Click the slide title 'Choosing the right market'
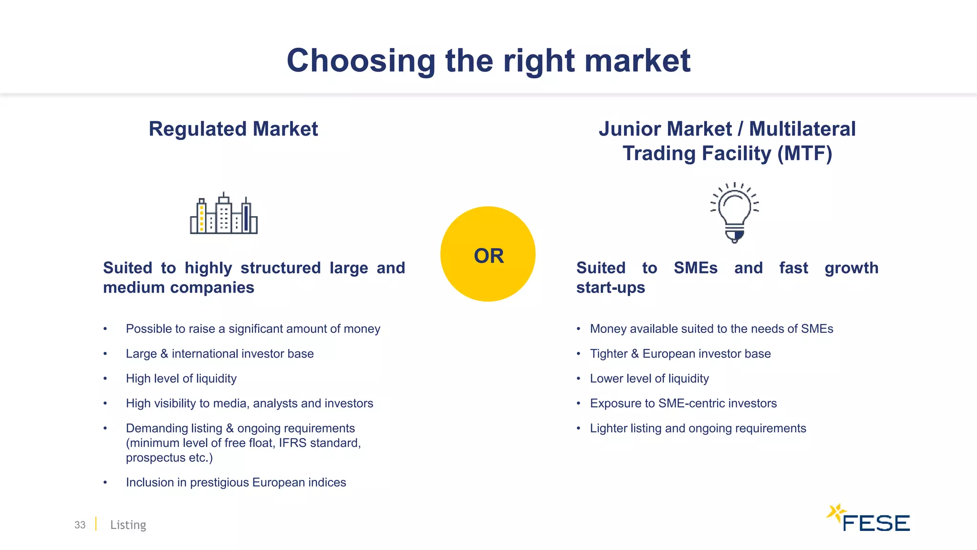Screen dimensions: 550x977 (488, 61)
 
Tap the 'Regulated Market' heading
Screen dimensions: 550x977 (233, 129)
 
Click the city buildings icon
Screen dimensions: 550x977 (224, 214)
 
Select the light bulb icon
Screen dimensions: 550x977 (735, 212)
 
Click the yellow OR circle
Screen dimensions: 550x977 (488, 254)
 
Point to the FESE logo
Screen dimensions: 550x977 (868, 519)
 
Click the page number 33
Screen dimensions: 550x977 (80, 525)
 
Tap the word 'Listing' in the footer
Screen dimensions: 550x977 (128, 525)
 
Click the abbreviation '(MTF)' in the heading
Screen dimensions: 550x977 (805, 154)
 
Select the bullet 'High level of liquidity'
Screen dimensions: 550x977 (181, 379)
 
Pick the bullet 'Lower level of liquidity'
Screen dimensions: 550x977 (649, 379)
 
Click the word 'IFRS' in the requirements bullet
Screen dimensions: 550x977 (292, 443)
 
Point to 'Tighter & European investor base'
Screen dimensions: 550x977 (680, 354)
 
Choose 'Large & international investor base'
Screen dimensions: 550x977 (219, 354)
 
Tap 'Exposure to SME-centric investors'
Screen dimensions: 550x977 (683, 403)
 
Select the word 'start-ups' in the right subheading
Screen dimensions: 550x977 (611, 288)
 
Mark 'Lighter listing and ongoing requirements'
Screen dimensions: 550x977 (698, 428)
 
